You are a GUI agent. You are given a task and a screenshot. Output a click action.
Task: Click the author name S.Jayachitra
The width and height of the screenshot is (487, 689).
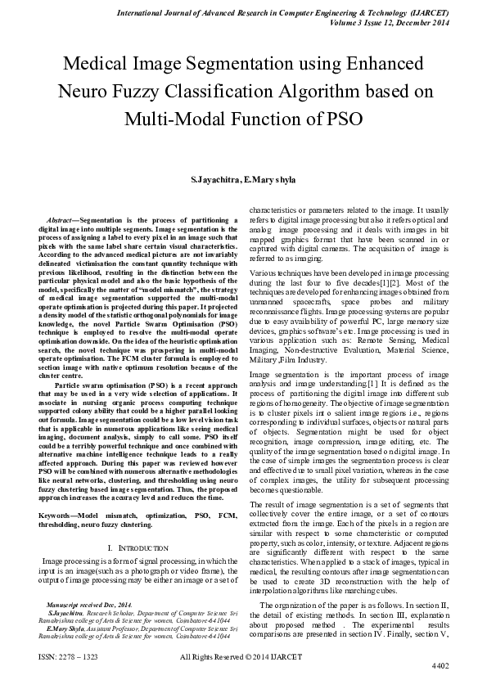click(x=214, y=179)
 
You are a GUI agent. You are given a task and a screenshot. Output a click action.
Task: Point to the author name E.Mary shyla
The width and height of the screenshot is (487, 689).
click(x=270, y=179)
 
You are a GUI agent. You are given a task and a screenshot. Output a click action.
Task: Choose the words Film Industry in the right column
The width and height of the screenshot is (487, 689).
click(x=303, y=381)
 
